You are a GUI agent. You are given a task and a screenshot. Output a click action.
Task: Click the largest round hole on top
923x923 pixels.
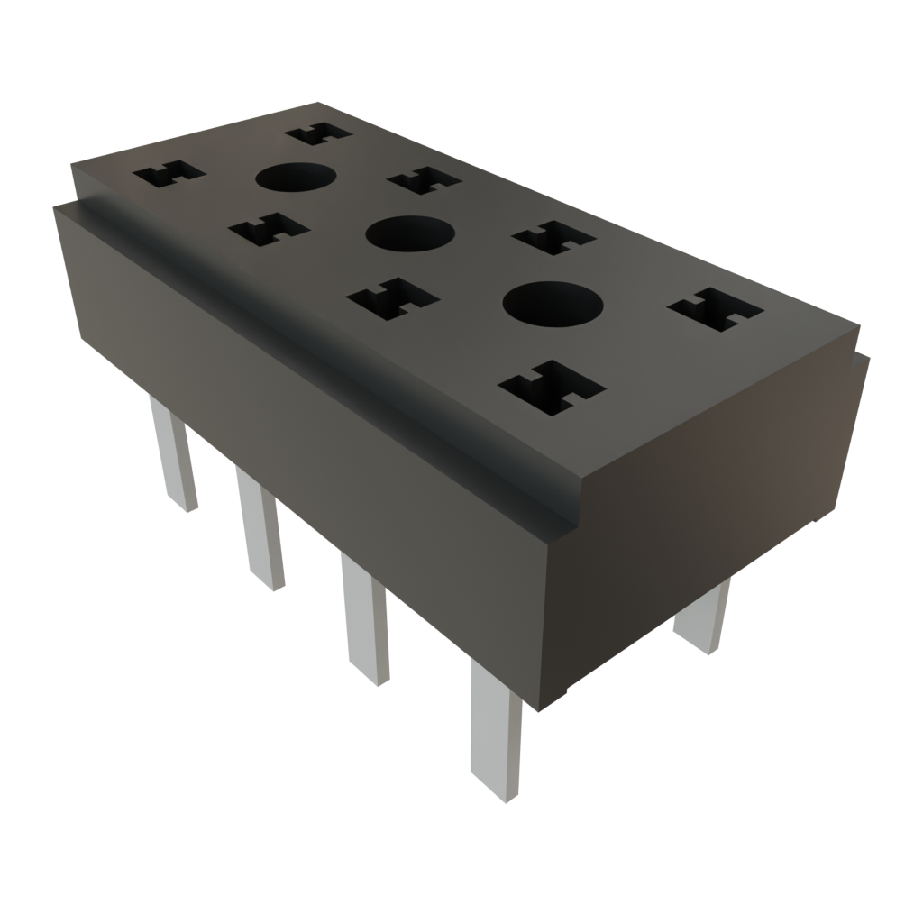(x=552, y=303)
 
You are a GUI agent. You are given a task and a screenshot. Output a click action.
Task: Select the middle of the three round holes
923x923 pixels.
(x=408, y=234)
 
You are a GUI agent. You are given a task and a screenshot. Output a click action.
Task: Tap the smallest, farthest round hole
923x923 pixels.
(x=295, y=178)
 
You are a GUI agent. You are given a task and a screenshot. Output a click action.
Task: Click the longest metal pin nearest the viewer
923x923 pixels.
(x=495, y=730)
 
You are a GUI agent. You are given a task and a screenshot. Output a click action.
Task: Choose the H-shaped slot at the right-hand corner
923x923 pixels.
(x=715, y=309)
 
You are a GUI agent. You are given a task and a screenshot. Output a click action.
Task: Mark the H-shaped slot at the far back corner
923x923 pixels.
(x=317, y=133)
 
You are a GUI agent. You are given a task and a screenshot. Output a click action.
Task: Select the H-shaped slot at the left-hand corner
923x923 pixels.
(x=169, y=174)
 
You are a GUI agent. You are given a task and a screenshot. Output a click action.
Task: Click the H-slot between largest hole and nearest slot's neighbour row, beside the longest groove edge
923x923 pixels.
(x=393, y=298)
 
